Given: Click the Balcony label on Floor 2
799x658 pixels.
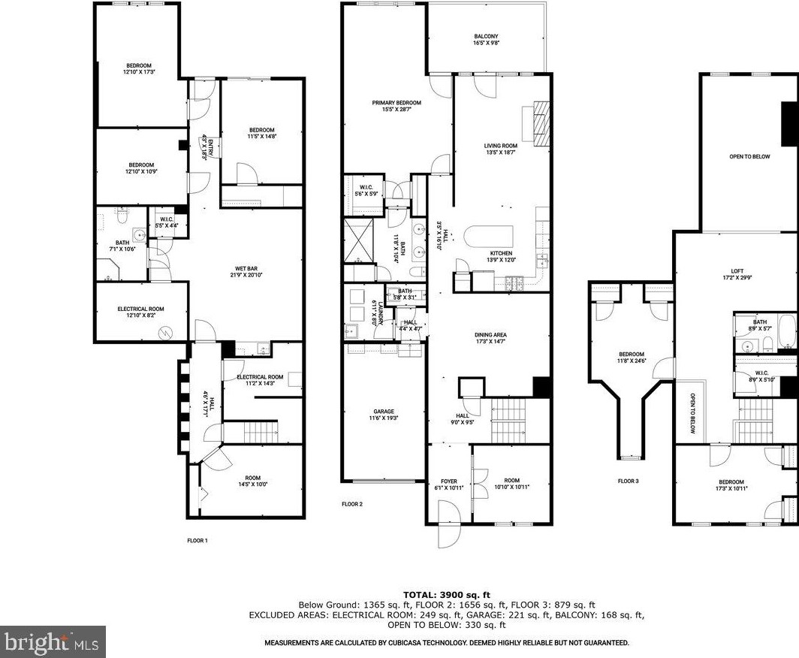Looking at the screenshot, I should (x=486, y=40).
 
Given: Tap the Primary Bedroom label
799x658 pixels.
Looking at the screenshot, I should (x=396, y=106).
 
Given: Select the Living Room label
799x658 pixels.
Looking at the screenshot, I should (x=500, y=149).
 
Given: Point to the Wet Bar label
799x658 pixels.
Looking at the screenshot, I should (x=246, y=272).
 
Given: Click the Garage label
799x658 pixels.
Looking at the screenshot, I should (x=384, y=415).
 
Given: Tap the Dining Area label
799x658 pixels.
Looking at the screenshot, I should (x=490, y=338).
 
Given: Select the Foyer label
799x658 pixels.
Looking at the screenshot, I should (x=449, y=484).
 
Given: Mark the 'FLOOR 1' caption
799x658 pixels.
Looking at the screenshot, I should (x=197, y=540).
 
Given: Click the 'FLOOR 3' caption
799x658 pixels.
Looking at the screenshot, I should (x=629, y=481).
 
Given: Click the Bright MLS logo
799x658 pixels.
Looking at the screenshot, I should (x=53, y=642).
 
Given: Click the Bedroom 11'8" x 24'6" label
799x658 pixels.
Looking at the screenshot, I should (x=631, y=358).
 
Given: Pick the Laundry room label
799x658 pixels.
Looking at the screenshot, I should (x=381, y=311).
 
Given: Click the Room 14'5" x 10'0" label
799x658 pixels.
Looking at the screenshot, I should (x=252, y=481).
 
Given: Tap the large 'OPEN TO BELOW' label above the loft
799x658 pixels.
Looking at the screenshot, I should (x=749, y=156).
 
